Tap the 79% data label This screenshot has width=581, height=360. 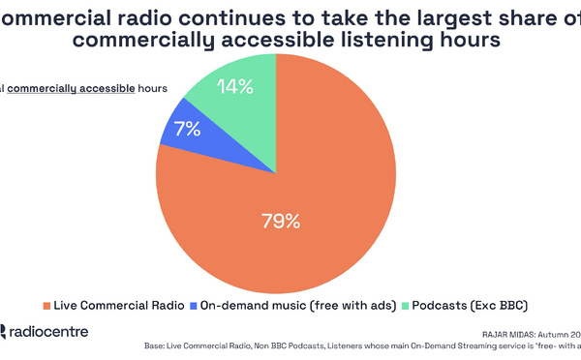click(x=281, y=221)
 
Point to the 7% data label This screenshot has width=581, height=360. click(x=187, y=129)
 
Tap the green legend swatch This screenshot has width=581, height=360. click(x=405, y=306)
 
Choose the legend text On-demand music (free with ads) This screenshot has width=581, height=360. click(x=297, y=306)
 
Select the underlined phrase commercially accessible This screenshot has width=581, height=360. click(x=81, y=88)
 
